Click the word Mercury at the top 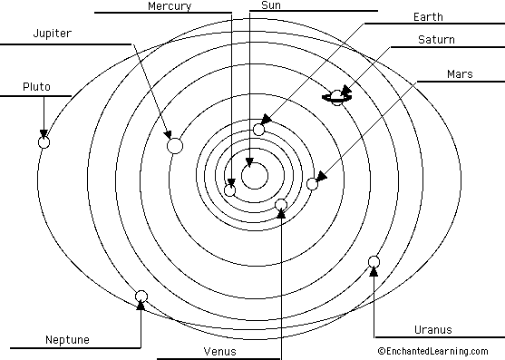[x=168, y=6]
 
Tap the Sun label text [x=270, y=6]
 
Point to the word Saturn [x=436, y=40]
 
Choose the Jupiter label [x=52, y=34]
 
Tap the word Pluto [x=36, y=87]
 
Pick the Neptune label [x=68, y=340]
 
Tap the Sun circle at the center [x=255, y=175]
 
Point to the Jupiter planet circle [x=175, y=145]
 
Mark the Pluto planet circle [x=43, y=141]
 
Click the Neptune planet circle [x=141, y=296]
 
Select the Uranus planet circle [x=374, y=262]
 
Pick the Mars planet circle [x=313, y=184]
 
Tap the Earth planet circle [x=259, y=130]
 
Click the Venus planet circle [x=281, y=204]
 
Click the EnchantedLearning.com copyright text [x=433, y=349]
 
